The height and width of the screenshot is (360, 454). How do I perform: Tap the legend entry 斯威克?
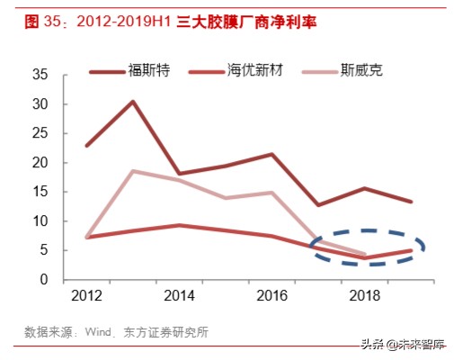pos(361,70)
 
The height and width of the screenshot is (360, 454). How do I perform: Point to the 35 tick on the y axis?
pos(39,76)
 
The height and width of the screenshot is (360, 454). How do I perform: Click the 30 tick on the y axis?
pos(39,104)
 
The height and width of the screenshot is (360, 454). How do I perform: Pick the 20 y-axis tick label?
pos(39,163)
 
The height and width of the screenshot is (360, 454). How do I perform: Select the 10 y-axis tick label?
pos(39,221)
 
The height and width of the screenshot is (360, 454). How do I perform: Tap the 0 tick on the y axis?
pos(42,280)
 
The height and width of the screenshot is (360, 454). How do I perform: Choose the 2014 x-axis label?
pos(180,295)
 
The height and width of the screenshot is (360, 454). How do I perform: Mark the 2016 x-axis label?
pos(271,295)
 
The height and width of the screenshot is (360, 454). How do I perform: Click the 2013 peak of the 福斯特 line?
pos(133,102)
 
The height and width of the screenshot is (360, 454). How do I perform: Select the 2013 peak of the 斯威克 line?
pos(133,171)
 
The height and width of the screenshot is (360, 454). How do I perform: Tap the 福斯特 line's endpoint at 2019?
pos(410,202)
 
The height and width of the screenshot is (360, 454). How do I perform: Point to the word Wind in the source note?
pos(100,332)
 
